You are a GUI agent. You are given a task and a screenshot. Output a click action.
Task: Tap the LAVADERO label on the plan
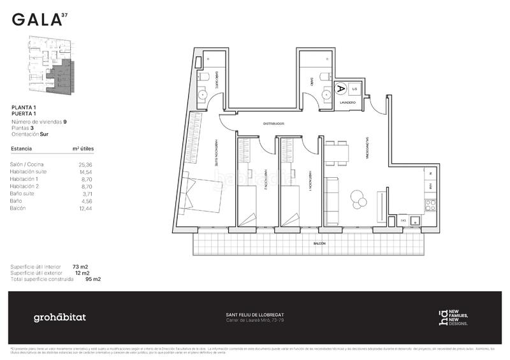pos(348,102)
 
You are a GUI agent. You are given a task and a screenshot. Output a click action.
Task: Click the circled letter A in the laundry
pos(340,89)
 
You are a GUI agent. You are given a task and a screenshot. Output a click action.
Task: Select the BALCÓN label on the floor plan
pos(319,243)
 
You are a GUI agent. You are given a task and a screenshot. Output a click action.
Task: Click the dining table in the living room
pos(338,153)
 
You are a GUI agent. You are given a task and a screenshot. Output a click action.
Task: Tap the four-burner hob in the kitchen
pos(430,205)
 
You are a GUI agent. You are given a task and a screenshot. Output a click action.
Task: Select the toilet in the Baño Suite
pos(203,77)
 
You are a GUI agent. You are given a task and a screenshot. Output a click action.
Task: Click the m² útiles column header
pos(84,148)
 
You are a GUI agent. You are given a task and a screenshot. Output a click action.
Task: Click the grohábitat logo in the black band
pos(59,317)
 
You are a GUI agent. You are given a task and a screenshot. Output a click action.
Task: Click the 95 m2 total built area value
pos(92,279)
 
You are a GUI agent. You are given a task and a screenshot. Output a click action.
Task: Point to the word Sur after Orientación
pos(44,134)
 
